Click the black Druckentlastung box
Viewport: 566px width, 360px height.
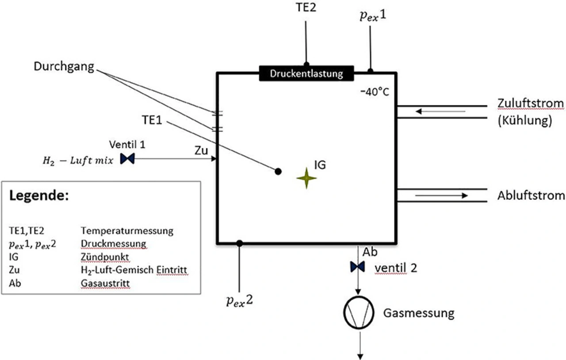pos(306,73)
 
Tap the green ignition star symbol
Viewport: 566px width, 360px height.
pos(306,178)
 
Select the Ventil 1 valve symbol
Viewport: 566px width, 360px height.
pos(127,159)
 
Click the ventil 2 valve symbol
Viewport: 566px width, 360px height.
pos(358,267)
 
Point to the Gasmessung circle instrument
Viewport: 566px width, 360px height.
pos(359,313)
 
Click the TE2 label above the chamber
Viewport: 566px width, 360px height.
pos(306,8)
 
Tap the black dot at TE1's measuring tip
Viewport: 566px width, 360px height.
pos(278,172)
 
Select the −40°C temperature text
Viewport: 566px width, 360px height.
pos(375,92)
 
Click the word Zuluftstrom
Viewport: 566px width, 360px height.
pos(531,103)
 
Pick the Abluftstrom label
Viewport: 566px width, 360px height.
pos(531,195)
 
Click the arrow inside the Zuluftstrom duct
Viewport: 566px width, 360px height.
pos(440,111)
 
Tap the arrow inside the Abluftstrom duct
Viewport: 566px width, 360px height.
pos(441,195)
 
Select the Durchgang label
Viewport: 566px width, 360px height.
pos(64,67)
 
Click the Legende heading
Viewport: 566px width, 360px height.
pos(39,195)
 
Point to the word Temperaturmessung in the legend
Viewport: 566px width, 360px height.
pos(127,230)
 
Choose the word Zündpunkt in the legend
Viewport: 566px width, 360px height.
pos(105,257)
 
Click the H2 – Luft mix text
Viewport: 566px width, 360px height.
pos(78,161)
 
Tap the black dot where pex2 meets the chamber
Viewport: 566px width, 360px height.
pos(239,243)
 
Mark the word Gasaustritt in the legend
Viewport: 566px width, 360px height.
pos(105,283)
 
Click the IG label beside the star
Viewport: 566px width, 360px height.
pos(320,165)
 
